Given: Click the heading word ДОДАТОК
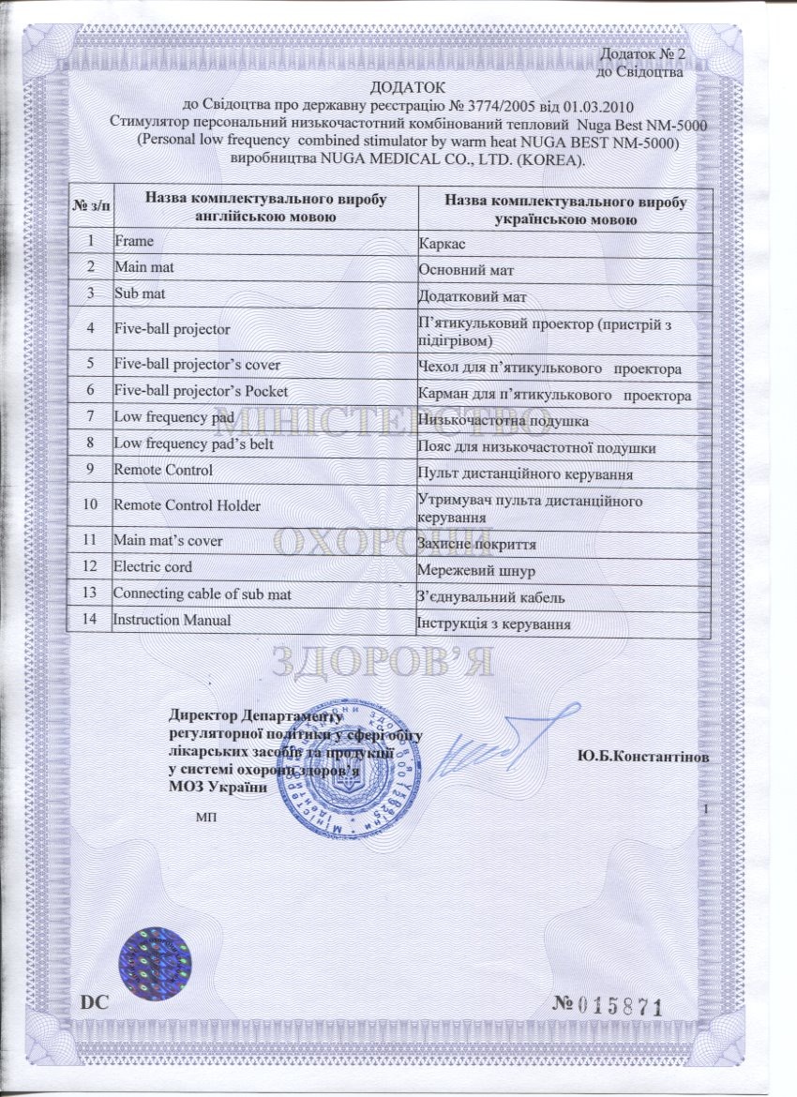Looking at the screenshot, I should point(398,87).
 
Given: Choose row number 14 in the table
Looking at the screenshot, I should point(90,620).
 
